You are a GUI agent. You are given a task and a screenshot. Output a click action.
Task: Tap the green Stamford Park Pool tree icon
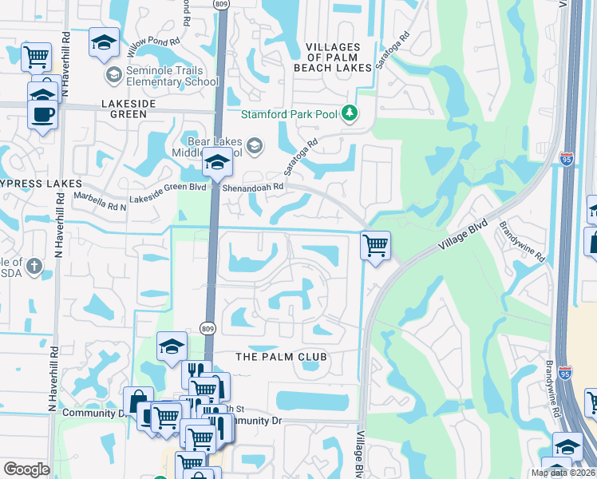pyautogui.click(x=350, y=113)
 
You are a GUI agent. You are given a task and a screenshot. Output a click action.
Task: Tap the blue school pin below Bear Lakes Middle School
pyautogui.click(x=216, y=164)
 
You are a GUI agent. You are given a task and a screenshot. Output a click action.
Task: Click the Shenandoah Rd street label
pyautogui.click(x=257, y=187)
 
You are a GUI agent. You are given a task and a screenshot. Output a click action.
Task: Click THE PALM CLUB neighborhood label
pyautogui.click(x=283, y=355)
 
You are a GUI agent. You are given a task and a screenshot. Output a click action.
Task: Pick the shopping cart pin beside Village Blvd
pyautogui.click(x=375, y=245)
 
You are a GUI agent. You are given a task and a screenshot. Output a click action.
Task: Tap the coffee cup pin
pyautogui.click(x=42, y=113)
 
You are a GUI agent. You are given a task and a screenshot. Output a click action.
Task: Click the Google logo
pyautogui.click(x=26, y=469)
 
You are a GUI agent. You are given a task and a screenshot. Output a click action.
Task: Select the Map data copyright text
pyautogui.click(x=563, y=473)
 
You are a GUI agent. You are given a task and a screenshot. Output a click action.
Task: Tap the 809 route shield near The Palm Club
pyautogui.click(x=208, y=328)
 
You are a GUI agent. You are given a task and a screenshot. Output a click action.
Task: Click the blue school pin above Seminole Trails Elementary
pyautogui.click(x=104, y=44)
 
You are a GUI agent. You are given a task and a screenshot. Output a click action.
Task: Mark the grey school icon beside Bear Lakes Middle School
pyautogui.click(x=254, y=144)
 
